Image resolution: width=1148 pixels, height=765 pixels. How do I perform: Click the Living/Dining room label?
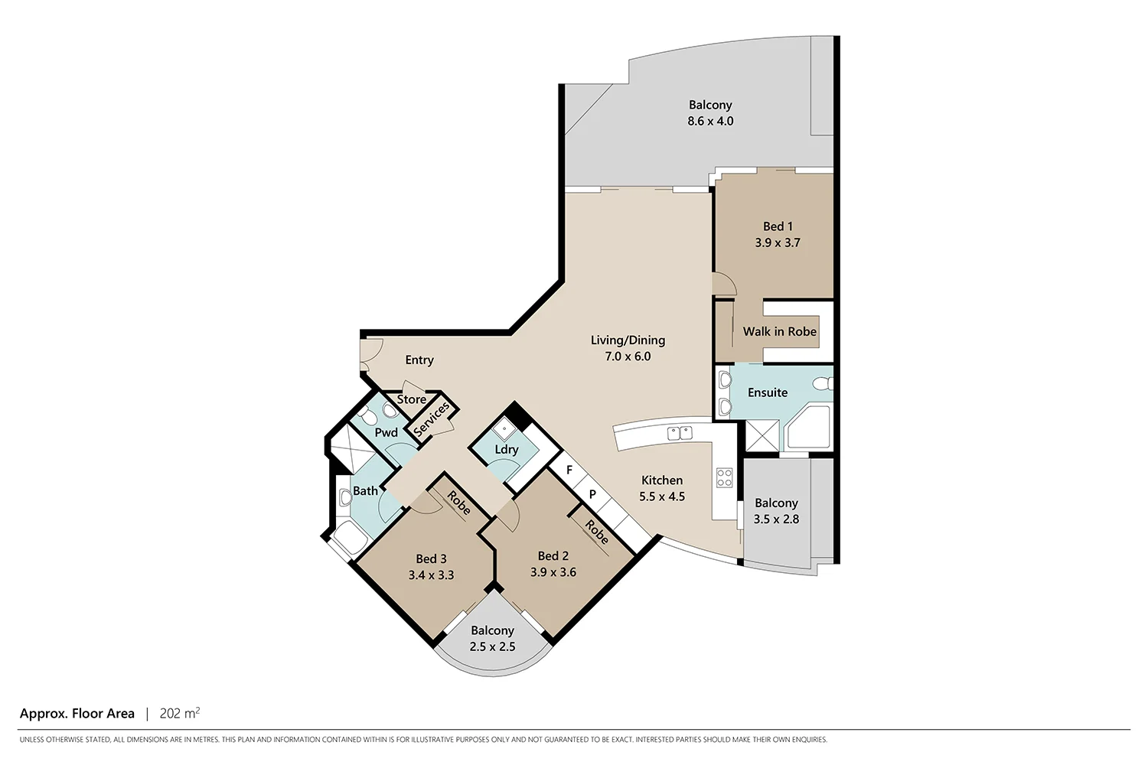628,340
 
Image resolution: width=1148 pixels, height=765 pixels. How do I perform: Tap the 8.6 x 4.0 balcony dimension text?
710,121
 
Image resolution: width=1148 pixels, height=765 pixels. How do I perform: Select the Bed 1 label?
778,226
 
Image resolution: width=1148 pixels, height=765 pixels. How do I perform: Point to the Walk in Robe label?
779,331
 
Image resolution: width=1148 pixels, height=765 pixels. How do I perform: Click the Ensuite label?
767,392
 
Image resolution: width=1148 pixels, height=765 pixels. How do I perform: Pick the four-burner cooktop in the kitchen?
724,478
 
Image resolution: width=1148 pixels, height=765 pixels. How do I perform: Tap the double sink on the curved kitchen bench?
680,433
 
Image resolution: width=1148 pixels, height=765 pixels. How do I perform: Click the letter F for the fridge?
569,470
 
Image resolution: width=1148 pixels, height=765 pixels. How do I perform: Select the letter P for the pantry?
592,494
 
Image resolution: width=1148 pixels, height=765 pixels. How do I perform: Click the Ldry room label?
506,449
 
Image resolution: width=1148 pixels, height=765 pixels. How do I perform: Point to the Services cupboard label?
432,419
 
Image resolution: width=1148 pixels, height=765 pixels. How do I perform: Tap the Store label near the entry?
411,399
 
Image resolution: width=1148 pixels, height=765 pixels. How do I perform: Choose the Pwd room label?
386,432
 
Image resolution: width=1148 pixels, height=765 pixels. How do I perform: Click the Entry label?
419,360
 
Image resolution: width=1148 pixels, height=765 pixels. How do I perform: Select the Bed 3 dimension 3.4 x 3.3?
431,575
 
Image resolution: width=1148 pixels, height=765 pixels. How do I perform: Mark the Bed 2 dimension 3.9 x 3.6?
553,572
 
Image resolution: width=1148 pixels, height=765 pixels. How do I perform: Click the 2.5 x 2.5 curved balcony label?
492,646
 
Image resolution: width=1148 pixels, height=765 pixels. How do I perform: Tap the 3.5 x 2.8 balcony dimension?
776,519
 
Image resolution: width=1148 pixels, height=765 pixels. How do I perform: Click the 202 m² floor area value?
179,713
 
